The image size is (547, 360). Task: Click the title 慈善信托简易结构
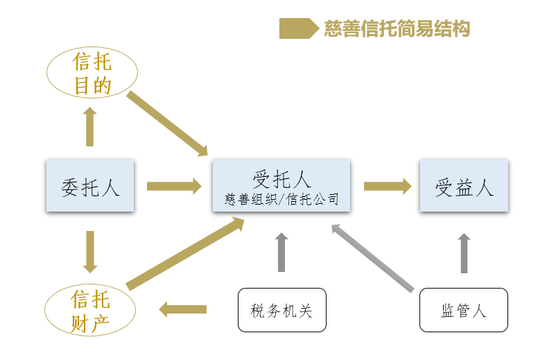[397, 28]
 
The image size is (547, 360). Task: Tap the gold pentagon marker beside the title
[295, 28]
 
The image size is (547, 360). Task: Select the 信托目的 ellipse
[92, 74]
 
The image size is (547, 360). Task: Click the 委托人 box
[90, 186]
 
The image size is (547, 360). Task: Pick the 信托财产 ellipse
[91, 310]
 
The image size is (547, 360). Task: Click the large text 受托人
[281, 180]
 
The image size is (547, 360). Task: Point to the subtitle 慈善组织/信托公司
[281, 200]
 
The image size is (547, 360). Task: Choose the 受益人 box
[464, 186]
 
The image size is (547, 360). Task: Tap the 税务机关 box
[281, 310]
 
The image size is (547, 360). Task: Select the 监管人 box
[464, 310]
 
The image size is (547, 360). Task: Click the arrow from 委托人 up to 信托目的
[89, 126]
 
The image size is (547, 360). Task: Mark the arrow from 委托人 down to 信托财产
[89, 251]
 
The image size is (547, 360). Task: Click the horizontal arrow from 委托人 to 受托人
[173, 186]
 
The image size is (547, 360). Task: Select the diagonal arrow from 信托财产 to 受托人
[185, 253]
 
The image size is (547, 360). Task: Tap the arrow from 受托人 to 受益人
[387, 186]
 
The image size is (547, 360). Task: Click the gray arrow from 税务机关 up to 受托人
[281, 252]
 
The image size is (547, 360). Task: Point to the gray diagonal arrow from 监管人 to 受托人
[372, 257]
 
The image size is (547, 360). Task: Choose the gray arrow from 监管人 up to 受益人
[464, 252]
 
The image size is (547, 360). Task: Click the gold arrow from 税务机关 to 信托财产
[184, 309]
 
